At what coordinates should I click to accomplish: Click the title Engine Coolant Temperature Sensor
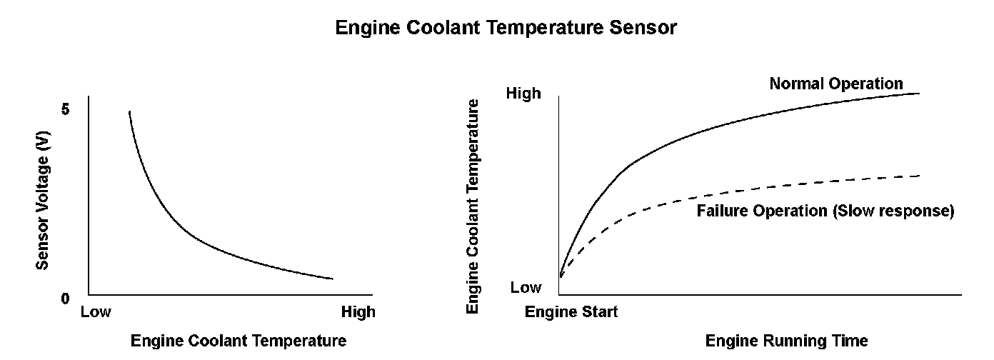click(x=506, y=29)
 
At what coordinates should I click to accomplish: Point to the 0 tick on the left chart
click(x=66, y=298)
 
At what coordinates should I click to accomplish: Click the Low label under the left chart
click(x=96, y=312)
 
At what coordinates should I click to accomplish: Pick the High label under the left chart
click(x=358, y=312)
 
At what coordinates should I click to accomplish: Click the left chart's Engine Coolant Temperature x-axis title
click(x=239, y=341)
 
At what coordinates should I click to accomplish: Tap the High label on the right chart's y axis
click(x=523, y=94)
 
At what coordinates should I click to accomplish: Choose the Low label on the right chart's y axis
click(x=526, y=288)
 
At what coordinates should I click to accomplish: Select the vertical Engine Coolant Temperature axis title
click(x=472, y=206)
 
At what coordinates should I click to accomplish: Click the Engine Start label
click(x=572, y=312)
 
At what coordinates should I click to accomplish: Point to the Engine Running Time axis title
click(x=787, y=341)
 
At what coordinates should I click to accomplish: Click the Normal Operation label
click(x=836, y=84)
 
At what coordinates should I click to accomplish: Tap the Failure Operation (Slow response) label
click(x=825, y=211)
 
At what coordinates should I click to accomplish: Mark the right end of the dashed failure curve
click(x=919, y=175)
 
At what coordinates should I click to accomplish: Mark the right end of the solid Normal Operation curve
click(x=919, y=94)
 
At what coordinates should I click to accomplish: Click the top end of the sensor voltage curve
click(x=129, y=111)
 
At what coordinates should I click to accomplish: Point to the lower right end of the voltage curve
click(x=333, y=279)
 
